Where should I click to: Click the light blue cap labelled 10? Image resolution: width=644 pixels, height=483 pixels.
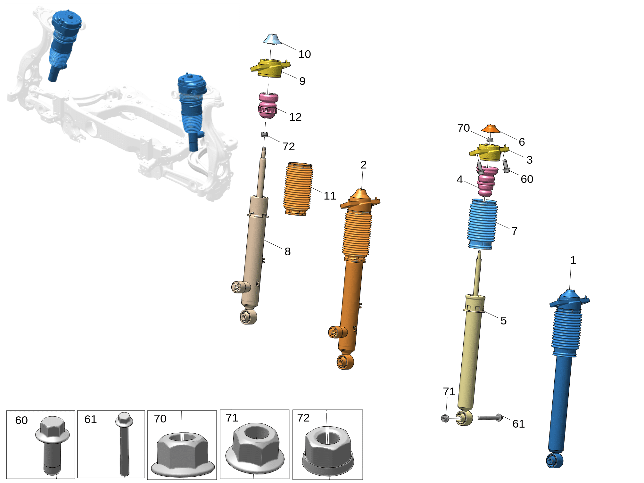pyautogui.click(x=272, y=39)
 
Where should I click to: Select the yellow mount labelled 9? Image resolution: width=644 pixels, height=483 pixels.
pyautogui.click(x=270, y=68)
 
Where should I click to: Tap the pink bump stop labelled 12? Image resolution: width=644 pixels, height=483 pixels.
pyautogui.click(x=268, y=105)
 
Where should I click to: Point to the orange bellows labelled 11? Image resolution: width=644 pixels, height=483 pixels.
pyautogui.click(x=298, y=189)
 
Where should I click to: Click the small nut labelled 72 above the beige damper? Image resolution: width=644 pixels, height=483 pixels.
pyautogui.click(x=264, y=134)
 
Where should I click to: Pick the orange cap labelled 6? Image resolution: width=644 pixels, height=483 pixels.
pyautogui.click(x=491, y=128)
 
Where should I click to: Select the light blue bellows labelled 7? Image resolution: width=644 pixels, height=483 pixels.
pyautogui.click(x=482, y=224)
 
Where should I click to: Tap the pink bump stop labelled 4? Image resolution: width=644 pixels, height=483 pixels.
pyautogui.click(x=487, y=182)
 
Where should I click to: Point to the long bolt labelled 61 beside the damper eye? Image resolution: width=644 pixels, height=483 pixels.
pyautogui.click(x=490, y=417)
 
